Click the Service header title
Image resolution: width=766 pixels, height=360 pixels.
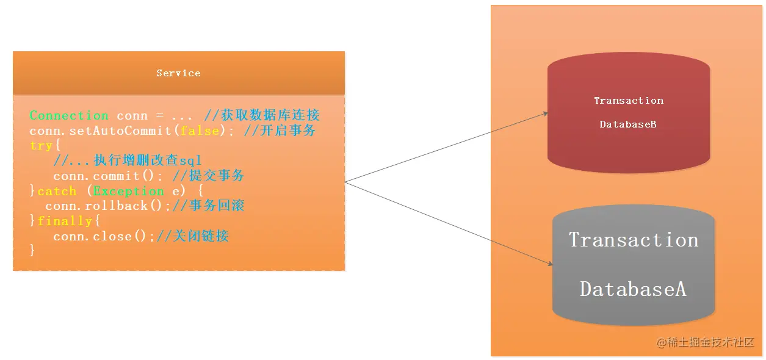178,73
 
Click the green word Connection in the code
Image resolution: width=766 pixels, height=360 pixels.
69,116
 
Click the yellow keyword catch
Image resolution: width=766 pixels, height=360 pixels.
57,191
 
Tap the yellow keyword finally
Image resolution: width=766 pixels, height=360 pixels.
65,221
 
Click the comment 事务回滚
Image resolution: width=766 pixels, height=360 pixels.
216,206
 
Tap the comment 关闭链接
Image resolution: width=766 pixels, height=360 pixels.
200,236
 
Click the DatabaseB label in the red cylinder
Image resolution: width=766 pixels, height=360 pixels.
628,124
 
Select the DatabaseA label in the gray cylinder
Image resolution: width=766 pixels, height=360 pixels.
633,289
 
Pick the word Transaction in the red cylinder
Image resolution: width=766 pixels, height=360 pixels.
628,101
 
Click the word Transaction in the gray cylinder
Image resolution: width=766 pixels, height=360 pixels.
634,240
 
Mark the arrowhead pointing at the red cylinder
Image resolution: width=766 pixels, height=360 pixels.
544,113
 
